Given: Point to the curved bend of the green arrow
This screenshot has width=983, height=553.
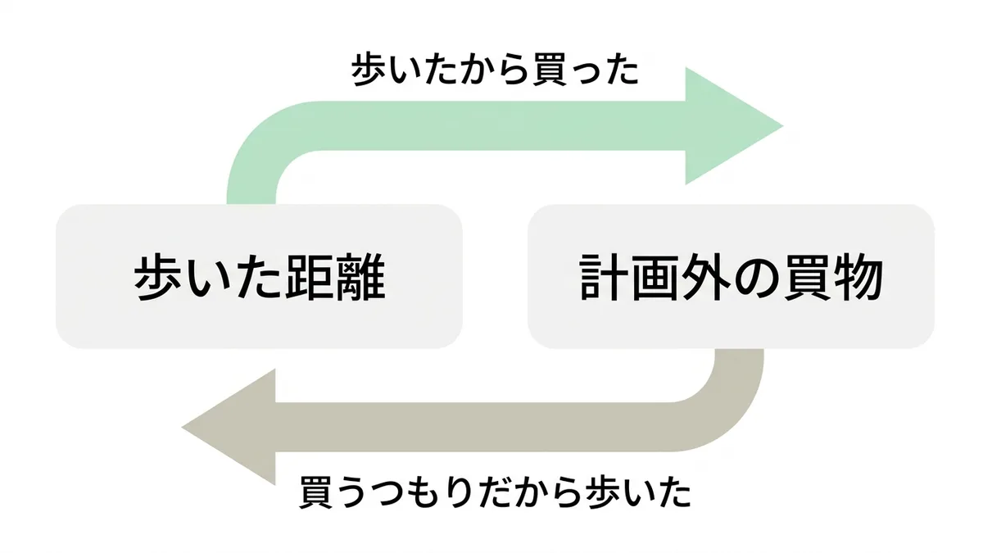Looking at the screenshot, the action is (x=259, y=140).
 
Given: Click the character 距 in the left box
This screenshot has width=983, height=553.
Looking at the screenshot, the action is (x=310, y=277).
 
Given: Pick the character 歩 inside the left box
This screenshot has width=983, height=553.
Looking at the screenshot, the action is (x=158, y=277).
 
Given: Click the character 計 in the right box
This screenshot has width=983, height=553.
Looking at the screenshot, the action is (x=604, y=277).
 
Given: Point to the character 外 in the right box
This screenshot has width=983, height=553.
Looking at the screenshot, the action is (x=705, y=277).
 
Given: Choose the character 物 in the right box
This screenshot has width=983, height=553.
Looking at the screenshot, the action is (x=858, y=277).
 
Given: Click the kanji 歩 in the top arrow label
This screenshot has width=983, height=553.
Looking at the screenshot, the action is (x=369, y=70).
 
